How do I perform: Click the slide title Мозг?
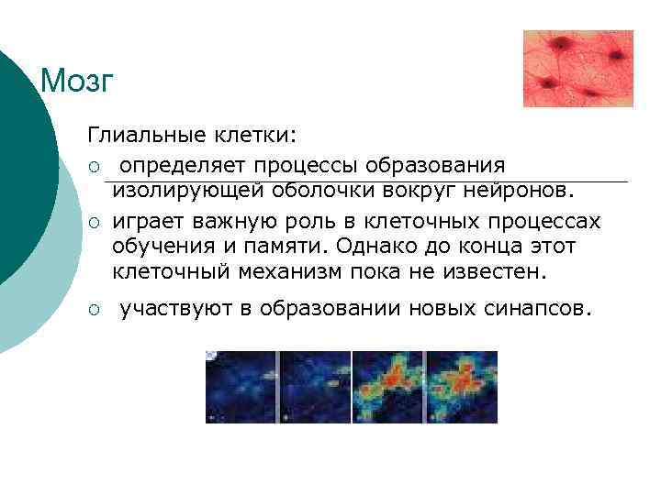[77, 82]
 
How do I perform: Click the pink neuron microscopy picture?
[577, 69]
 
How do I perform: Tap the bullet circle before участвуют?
[94, 311]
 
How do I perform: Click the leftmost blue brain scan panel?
[241, 387]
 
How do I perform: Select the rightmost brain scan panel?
[461, 387]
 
